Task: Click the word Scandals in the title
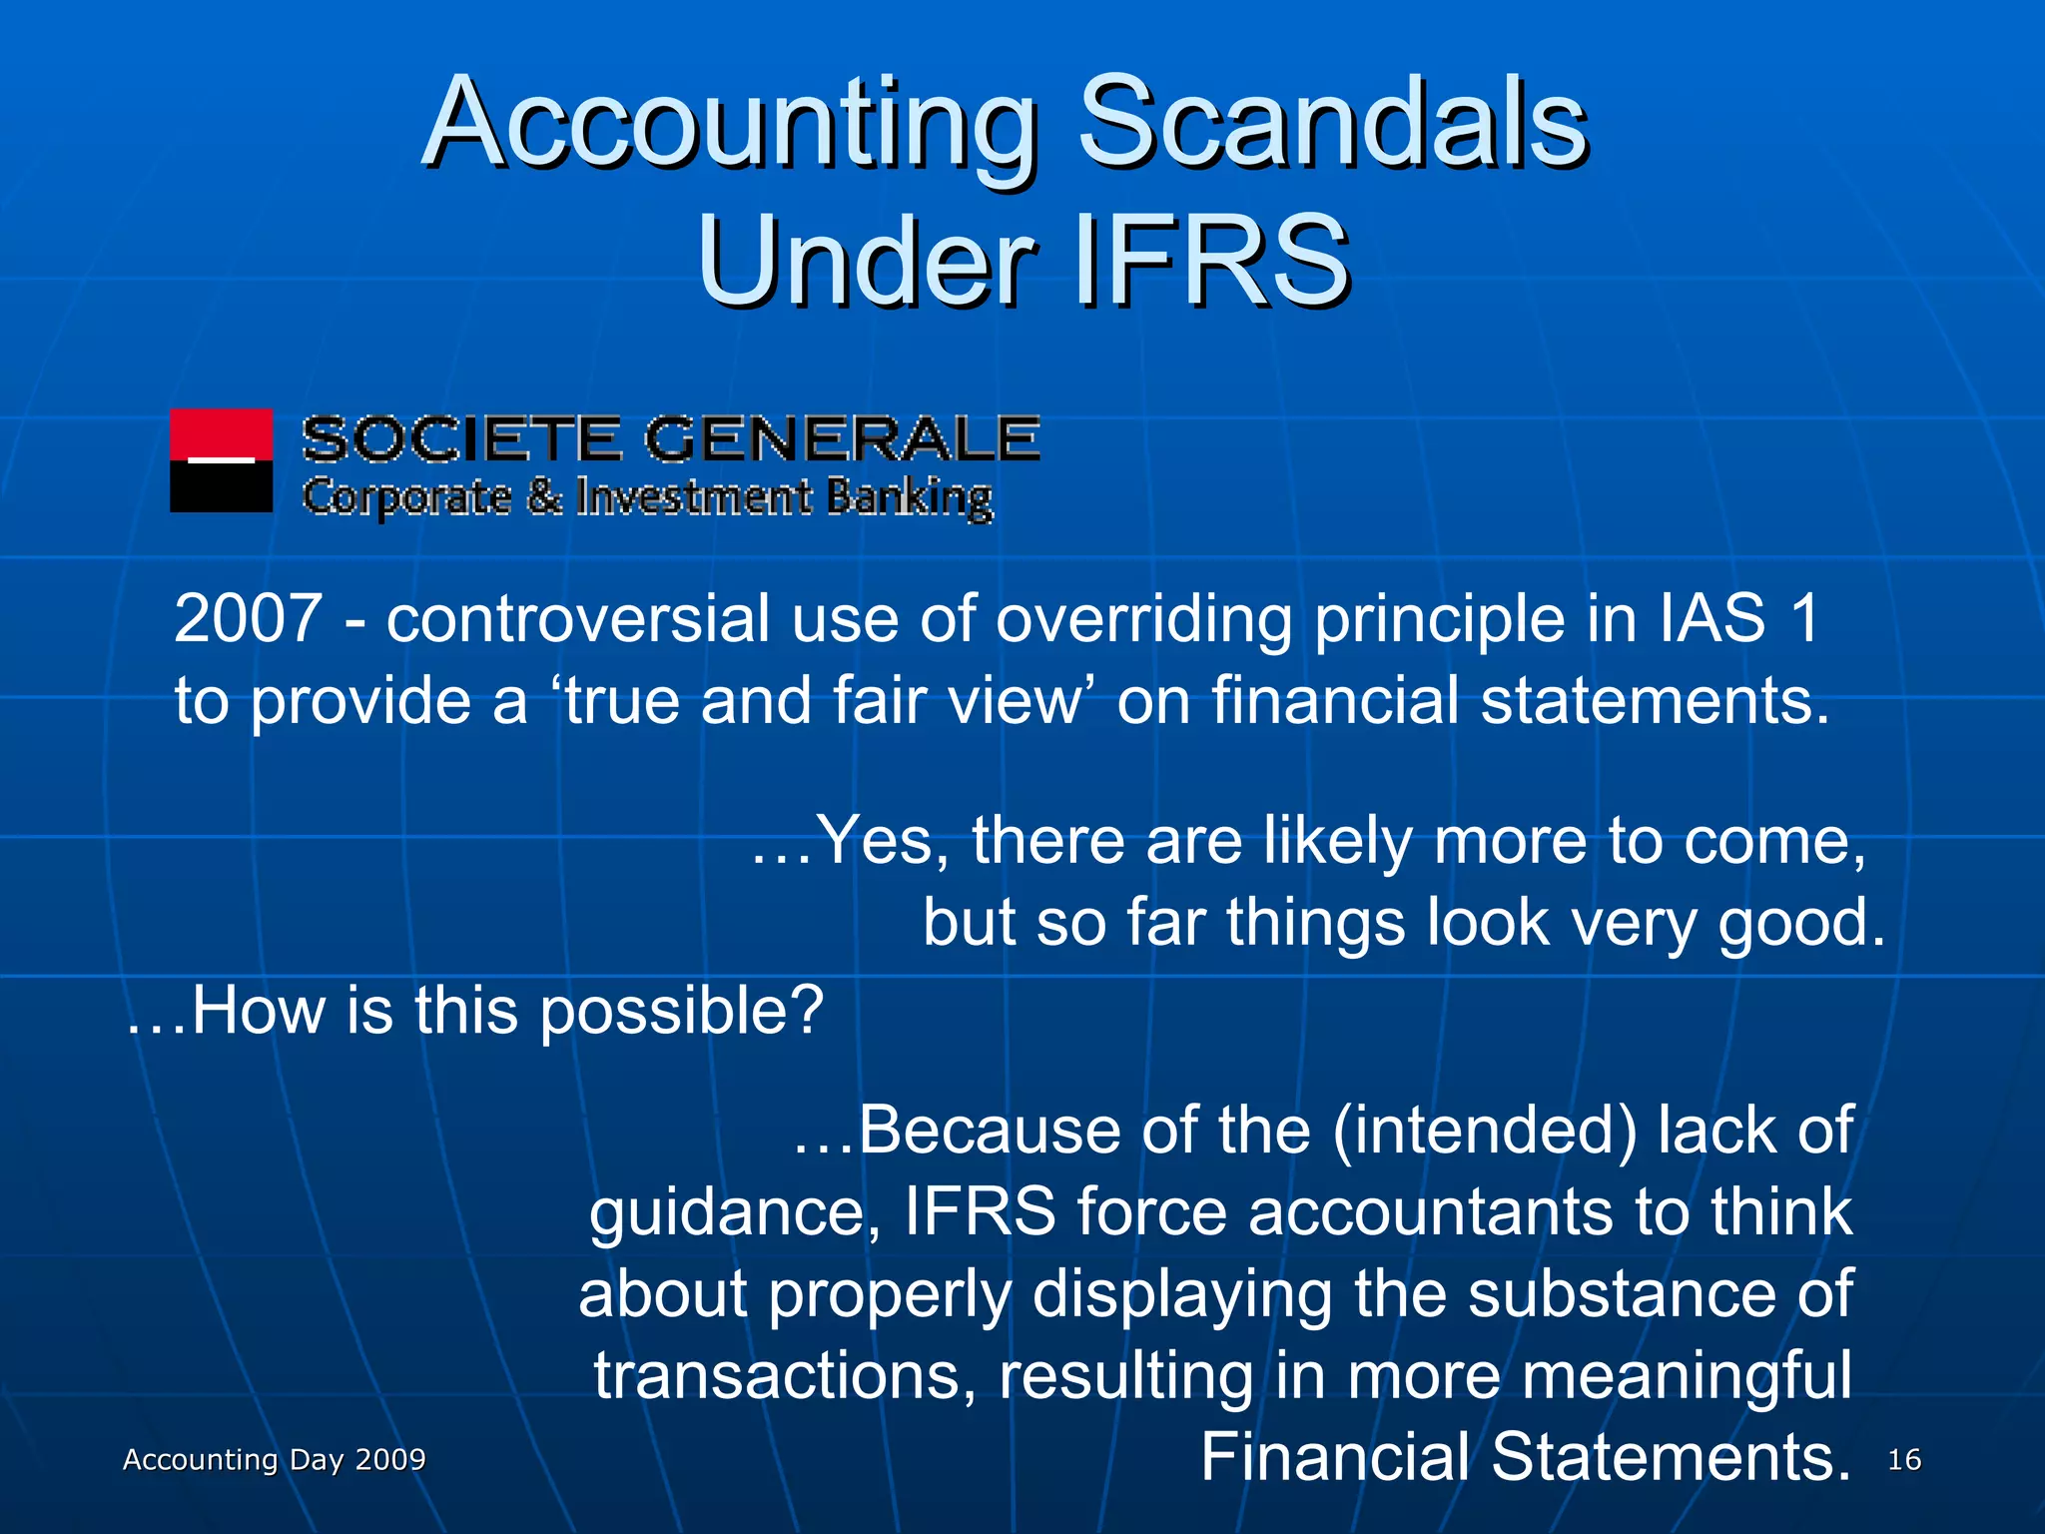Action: [1333, 125]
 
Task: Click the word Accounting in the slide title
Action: [729, 125]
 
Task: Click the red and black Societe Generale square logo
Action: [221, 460]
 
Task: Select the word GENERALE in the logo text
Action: [841, 439]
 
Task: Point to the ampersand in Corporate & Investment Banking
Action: [544, 497]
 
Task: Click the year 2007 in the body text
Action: [248, 618]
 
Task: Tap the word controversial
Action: [578, 618]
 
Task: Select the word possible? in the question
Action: [681, 1011]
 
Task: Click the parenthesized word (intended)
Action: [1484, 1131]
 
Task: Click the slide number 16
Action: [1904, 1460]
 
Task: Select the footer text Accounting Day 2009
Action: [275, 1460]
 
